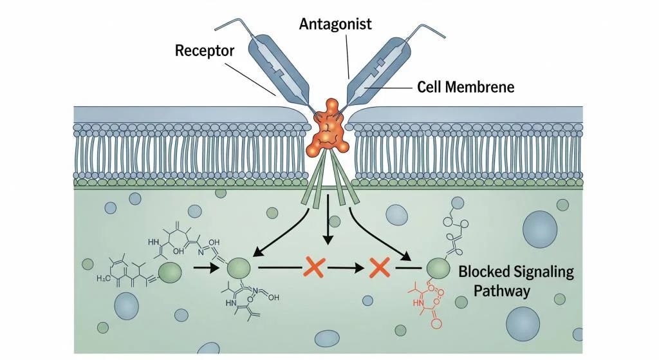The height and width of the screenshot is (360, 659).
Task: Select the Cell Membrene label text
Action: coord(466,87)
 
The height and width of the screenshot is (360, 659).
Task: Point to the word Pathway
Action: coord(502,291)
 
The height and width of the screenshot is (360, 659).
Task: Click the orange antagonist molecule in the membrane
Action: coord(330,129)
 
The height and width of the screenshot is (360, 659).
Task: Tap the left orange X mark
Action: coord(313,267)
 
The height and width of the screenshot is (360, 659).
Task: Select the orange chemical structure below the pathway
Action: coord(423,303)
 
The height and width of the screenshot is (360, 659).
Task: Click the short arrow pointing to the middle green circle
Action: coord(205,267)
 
